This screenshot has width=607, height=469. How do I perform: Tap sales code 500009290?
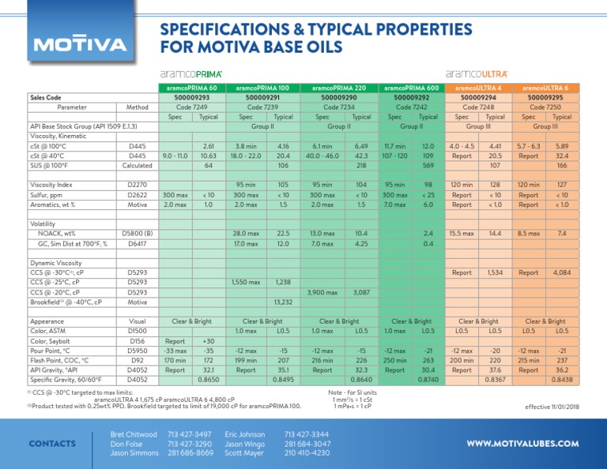pos(339,97)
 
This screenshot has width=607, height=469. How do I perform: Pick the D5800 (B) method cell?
pos(137,234)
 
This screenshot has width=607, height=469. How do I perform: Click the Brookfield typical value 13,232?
pos(283,301)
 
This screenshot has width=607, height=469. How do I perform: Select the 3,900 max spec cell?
pos(323,292)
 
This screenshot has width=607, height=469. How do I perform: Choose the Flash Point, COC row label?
pos(59,359)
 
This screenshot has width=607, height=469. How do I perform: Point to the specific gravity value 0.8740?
pos(428,380)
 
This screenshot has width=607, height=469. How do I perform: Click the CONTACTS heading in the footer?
pos(53,444)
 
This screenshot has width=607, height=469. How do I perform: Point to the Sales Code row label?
pos(46,97)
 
